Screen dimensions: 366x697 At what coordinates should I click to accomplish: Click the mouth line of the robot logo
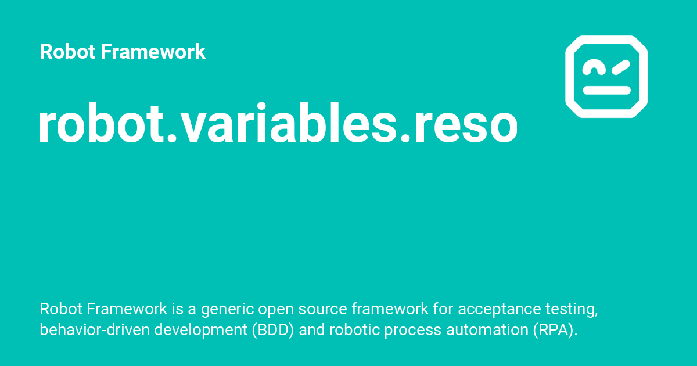(x=606, y=90)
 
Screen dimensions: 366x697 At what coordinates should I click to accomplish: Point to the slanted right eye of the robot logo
(x=620, y=67)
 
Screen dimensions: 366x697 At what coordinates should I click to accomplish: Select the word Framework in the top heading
(x=153, y=52)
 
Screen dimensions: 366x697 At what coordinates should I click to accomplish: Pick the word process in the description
(x=404, y=330)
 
